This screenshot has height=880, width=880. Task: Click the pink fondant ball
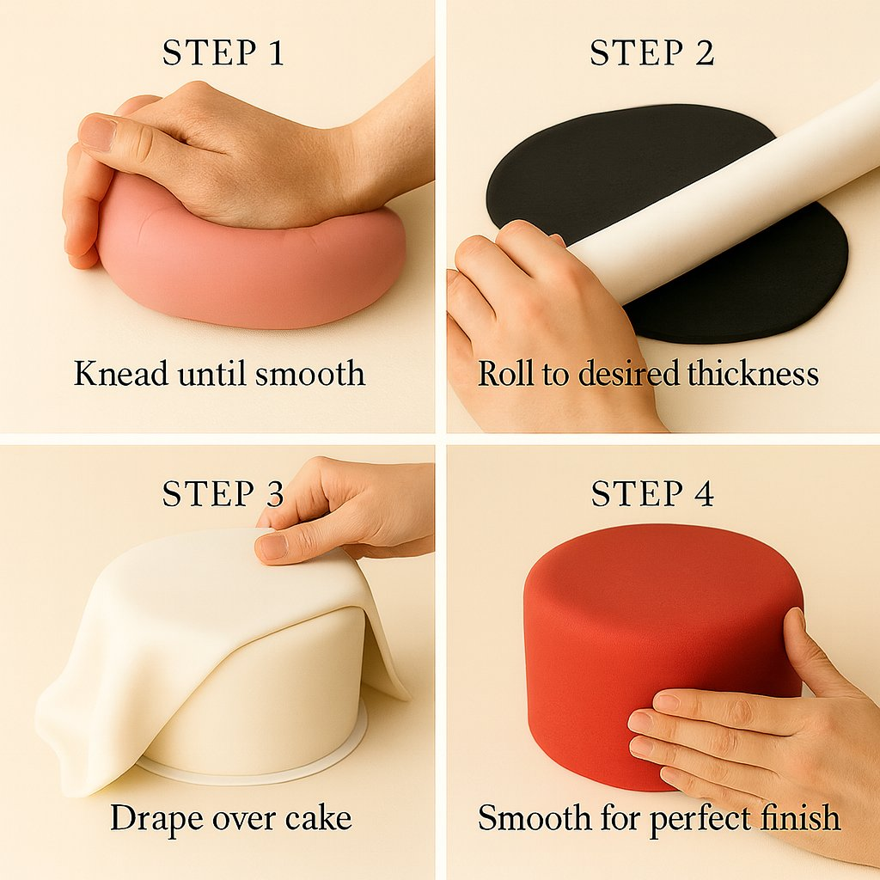click(253, 264)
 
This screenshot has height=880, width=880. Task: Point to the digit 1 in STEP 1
click(275, 53)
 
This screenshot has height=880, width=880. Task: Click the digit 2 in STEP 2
click(704, 53)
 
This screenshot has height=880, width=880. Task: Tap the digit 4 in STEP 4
click(704, 494)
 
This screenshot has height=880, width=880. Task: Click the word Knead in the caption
click(120, 373)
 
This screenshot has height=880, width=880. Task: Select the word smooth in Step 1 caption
click(310, 373)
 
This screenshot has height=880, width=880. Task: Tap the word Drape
click(156, 819)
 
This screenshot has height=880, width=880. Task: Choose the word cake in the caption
click(318, 818)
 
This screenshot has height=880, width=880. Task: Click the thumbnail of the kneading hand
click(96, 132)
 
